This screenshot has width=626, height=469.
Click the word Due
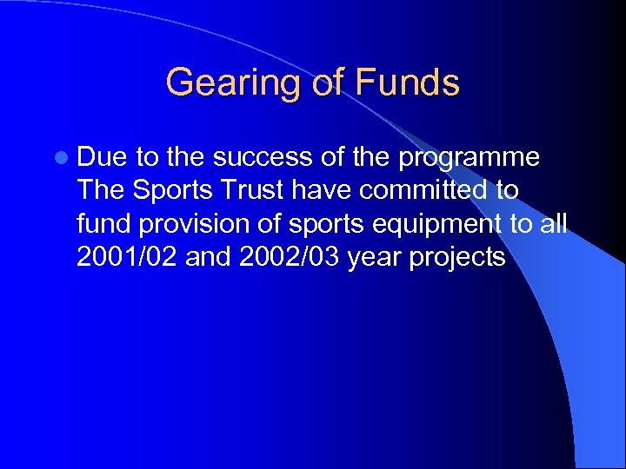click(x=103, y=158)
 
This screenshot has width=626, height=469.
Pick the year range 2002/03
click(x=290, y=256)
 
